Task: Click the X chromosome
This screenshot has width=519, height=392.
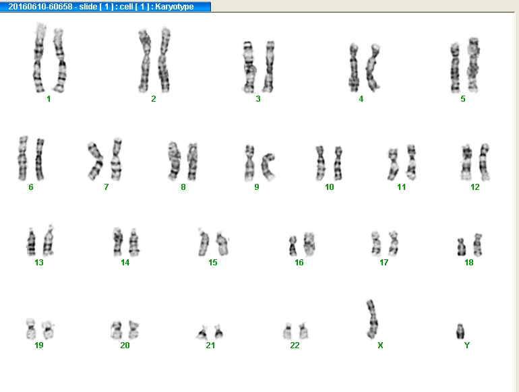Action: pos(372,319)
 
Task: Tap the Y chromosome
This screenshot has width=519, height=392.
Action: pos(460,331)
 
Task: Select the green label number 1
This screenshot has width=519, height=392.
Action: pos(49,98)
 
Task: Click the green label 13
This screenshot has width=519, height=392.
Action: pos(38,262)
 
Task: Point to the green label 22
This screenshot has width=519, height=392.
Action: pos(295,346)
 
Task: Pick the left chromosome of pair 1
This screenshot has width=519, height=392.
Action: pos(39,58)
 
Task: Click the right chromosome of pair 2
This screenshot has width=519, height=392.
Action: pos(164,60)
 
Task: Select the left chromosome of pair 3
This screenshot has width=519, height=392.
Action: pos(249,67)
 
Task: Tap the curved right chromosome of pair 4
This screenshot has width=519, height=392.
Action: pos(372,68)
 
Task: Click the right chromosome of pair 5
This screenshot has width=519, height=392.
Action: pos(473,65)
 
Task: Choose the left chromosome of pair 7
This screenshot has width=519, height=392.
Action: pos(95,161)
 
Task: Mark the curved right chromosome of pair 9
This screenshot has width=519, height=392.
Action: pos(267,166)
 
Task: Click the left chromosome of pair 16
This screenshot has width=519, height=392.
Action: pos(293,246)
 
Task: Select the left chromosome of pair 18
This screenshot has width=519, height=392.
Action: pos(461,247)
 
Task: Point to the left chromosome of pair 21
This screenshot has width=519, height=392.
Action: pos(202,333)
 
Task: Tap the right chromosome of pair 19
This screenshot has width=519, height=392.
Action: pos(48,329)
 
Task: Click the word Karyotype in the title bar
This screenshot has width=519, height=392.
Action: pos(174,7)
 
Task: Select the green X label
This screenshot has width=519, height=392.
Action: pos(380,346)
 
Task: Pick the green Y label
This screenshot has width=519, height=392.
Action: pos(466,346)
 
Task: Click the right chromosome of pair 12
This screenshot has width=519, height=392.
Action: pos(484,162)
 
